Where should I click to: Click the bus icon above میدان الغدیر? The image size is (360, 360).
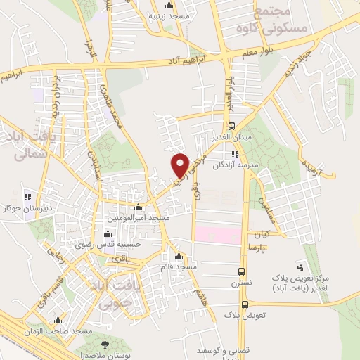click(x=232, y=125)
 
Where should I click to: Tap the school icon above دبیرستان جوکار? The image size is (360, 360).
click(x=27, y=197)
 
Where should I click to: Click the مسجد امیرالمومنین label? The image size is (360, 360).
click(x=139, y=218)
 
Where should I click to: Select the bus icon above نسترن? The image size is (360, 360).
click(x=241, y=271)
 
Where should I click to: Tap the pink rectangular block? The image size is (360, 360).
click(x=218, y=234)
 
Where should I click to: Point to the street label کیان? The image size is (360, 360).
click(x=262, y=233)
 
